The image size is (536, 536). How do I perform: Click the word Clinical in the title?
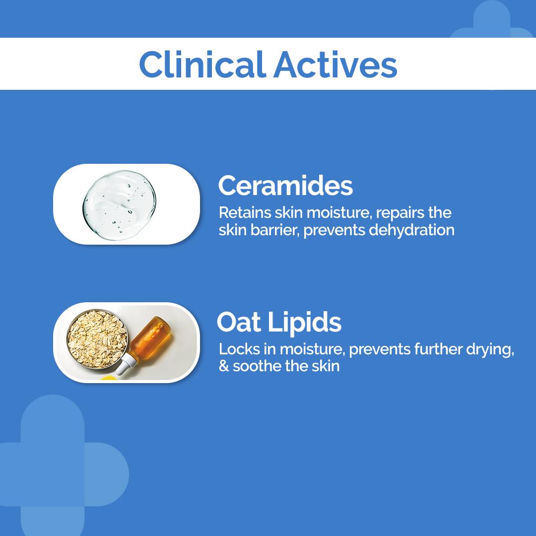pos(202,65)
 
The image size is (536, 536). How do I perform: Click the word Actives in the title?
pos(335,65)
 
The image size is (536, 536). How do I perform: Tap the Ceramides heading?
pos(285,186)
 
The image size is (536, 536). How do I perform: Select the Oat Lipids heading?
pos(279,322)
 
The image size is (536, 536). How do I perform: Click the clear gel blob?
pos(119,205)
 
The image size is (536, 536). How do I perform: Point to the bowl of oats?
pos(97,339)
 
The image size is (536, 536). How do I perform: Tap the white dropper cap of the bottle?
pos(126,364)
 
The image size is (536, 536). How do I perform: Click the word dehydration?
pos(412,230)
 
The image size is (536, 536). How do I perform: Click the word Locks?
pos(239,349)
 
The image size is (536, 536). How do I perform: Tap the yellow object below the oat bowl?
pos(109,378)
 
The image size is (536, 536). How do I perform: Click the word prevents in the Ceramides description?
pos(335,230)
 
